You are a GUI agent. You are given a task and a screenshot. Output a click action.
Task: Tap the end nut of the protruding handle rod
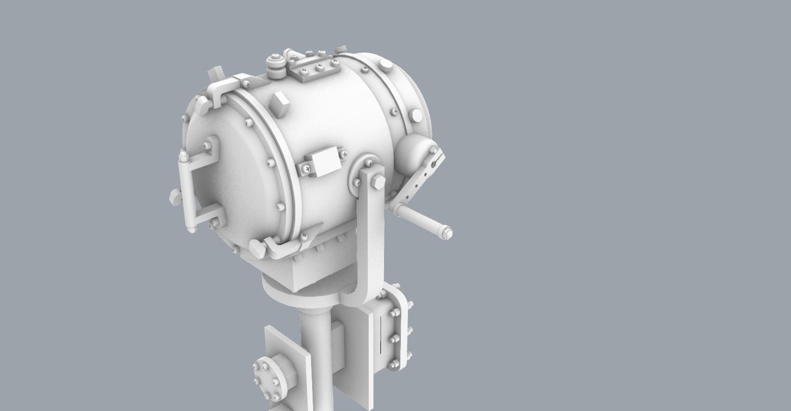click(447, 234)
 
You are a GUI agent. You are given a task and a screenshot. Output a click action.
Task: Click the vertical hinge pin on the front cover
click(185, 191)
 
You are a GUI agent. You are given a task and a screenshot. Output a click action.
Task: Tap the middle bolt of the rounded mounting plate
click(394, 339)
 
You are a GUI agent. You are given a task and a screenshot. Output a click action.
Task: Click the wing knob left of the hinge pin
click(174, 196)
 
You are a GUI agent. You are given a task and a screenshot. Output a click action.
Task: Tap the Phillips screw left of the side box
click(305, 168)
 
